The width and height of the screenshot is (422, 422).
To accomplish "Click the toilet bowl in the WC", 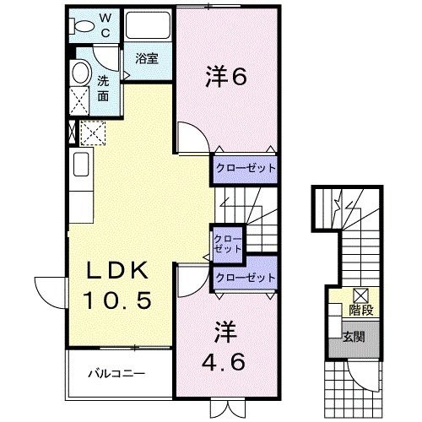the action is (x=82, y=26).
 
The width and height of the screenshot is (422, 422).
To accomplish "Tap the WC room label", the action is (x=105, y=26).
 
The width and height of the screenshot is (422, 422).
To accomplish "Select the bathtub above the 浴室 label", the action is (x=148, y=25).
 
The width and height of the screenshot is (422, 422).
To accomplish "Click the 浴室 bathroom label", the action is (x=147, y=58).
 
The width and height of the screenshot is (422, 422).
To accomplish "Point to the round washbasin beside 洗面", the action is (x=82, y=73).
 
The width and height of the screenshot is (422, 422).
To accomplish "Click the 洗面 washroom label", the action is (x=103, y=89).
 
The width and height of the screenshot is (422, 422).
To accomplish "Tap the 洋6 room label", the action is (x=226, y=76).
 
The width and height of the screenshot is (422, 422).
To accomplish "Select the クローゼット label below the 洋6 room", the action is (x=246, y=168).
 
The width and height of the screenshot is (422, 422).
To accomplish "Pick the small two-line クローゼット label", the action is (x=228, y=244).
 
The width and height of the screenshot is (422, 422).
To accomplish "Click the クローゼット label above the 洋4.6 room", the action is (x=246, y=278).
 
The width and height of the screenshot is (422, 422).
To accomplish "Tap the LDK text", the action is (x=117, y=271).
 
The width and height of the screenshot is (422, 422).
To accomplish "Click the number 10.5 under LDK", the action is (x=117, y=300).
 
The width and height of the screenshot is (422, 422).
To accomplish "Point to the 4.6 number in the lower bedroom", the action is (x=224, y=362).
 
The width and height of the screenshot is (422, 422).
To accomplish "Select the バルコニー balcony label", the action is (x=116, y=374).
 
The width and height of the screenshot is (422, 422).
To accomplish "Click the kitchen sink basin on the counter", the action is (x=81, y=165).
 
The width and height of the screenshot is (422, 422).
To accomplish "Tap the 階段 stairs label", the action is (x=361, y=310).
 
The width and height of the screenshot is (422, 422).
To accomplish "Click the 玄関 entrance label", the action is (x=354, y=337).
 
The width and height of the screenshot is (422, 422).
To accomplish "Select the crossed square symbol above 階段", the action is (x=361, y=295).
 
